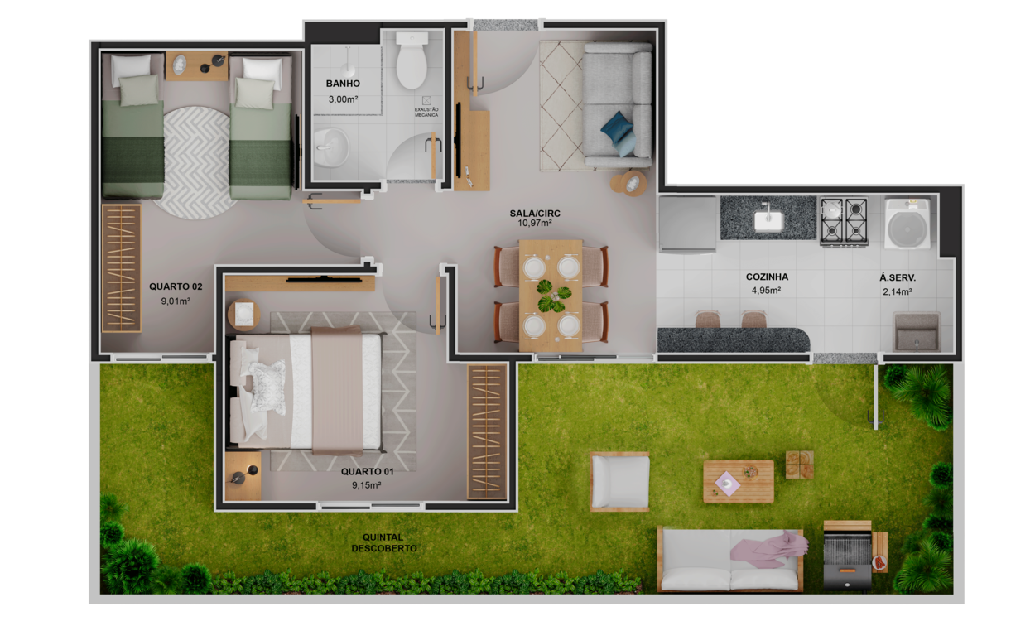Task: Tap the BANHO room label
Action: pos(343,84)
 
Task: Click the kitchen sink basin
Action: pos(768,220)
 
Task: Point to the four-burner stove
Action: pos(844,221)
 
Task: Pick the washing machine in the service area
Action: pos(907,224)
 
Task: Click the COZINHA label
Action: pos(767,277)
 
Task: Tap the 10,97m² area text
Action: pos(535,224)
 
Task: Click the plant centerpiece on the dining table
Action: pos(552,296)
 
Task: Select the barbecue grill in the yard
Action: pos(847,556)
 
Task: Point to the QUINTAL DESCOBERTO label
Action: pos(383,543)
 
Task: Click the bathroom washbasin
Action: pos(331,147)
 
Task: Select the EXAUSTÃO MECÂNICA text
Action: pos(426,113)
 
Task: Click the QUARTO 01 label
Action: pos(368,472)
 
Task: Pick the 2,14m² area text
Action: pos(898,291)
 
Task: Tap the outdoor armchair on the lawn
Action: pos(620,482)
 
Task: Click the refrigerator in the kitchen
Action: pos(687,224)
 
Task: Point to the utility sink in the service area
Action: pos(917,332)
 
